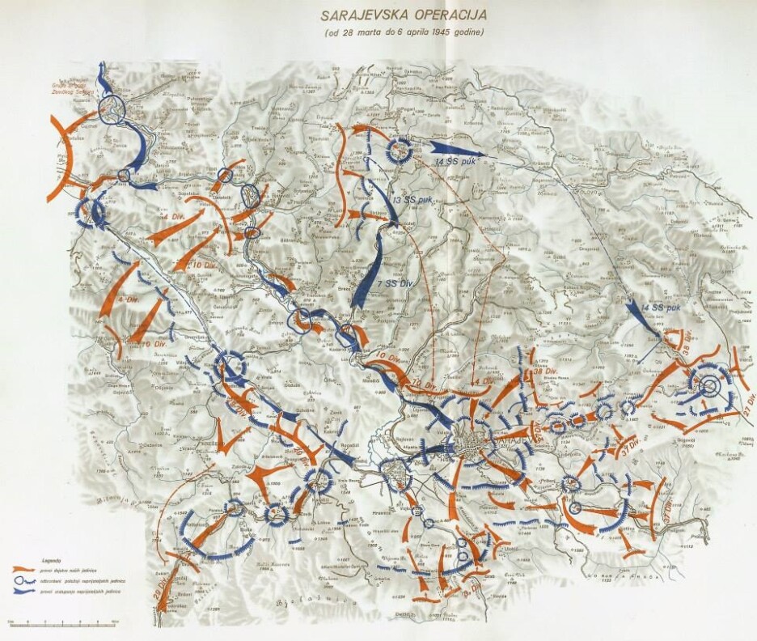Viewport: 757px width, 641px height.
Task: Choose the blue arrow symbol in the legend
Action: (x=24, y=590)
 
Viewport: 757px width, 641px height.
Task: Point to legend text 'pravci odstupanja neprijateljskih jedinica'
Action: (x=81, y=590)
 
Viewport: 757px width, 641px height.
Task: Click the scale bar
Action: (x=63, y=624)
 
